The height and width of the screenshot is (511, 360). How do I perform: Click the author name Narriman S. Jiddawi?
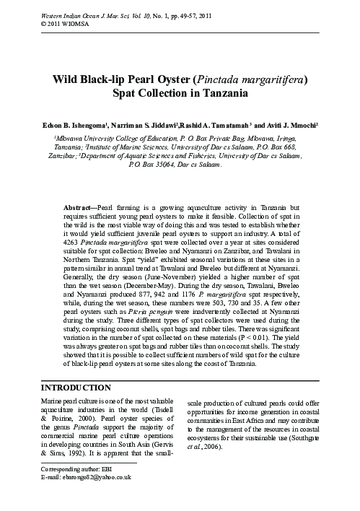146,123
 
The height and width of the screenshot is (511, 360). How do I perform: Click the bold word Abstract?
80,207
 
